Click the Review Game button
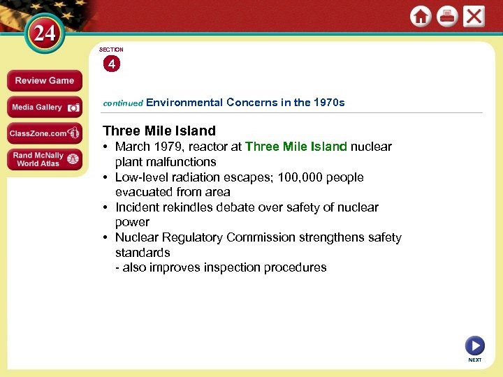44,81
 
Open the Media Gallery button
44,108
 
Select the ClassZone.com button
44,133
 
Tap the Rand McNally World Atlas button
44,159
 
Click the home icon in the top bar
421,17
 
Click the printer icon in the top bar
447,17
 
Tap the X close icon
474,17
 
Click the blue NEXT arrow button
474,346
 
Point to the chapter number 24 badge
45,34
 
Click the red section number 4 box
112,64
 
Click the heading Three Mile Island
159,131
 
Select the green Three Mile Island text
296,147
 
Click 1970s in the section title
329,103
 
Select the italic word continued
123,103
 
